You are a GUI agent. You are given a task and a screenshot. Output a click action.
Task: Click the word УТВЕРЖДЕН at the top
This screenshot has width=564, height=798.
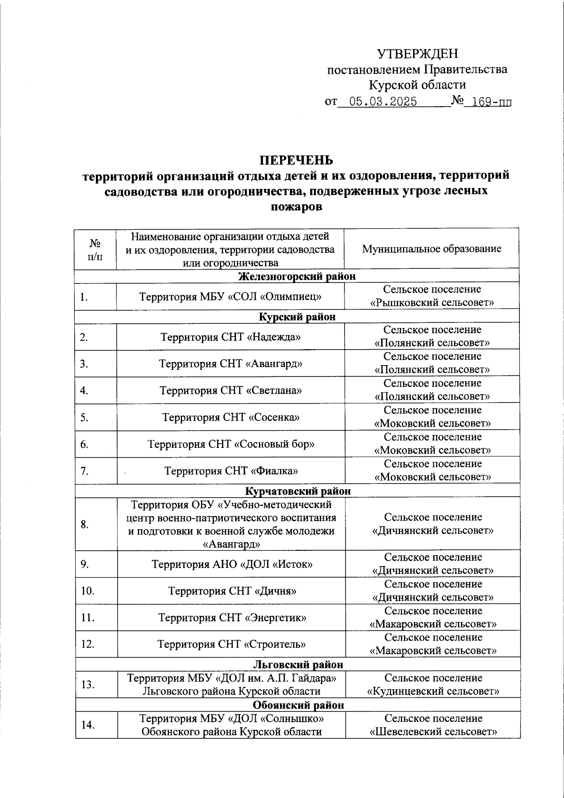point(417,54)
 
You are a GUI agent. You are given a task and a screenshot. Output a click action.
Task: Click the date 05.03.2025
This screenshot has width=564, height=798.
point(383,102)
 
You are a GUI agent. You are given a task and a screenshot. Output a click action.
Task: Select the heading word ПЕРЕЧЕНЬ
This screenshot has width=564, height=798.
point(297,160)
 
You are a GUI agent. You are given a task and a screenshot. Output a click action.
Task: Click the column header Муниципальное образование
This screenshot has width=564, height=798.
point(431,249)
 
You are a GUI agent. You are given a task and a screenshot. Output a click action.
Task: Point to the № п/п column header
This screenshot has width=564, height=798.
point(95,249)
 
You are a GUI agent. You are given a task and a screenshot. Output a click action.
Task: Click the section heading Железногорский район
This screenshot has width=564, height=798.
point(297,276)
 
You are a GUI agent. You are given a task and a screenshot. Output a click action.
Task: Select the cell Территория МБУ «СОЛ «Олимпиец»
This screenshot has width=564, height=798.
point(230,297)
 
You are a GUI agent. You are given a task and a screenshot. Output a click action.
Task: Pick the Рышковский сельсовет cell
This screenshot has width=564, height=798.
point(432,296)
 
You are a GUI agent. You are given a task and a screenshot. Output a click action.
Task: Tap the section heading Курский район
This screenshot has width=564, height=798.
point(297,317)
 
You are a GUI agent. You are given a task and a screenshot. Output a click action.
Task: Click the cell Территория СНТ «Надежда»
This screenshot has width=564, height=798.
point(230,337)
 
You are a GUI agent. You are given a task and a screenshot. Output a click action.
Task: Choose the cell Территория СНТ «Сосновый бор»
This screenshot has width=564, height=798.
point(231,444)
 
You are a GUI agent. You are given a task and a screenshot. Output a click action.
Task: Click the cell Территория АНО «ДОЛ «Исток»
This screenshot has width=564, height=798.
point(232,564)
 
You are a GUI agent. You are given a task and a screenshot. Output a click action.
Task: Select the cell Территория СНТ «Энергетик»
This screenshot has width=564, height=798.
point(232,618)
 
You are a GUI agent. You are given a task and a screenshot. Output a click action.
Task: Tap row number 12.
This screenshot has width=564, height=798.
point(87,644)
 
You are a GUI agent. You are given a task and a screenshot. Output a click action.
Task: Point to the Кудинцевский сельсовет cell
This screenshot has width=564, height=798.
point(433,685)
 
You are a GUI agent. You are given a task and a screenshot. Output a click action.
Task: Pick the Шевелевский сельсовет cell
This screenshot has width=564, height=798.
point(433,725)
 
